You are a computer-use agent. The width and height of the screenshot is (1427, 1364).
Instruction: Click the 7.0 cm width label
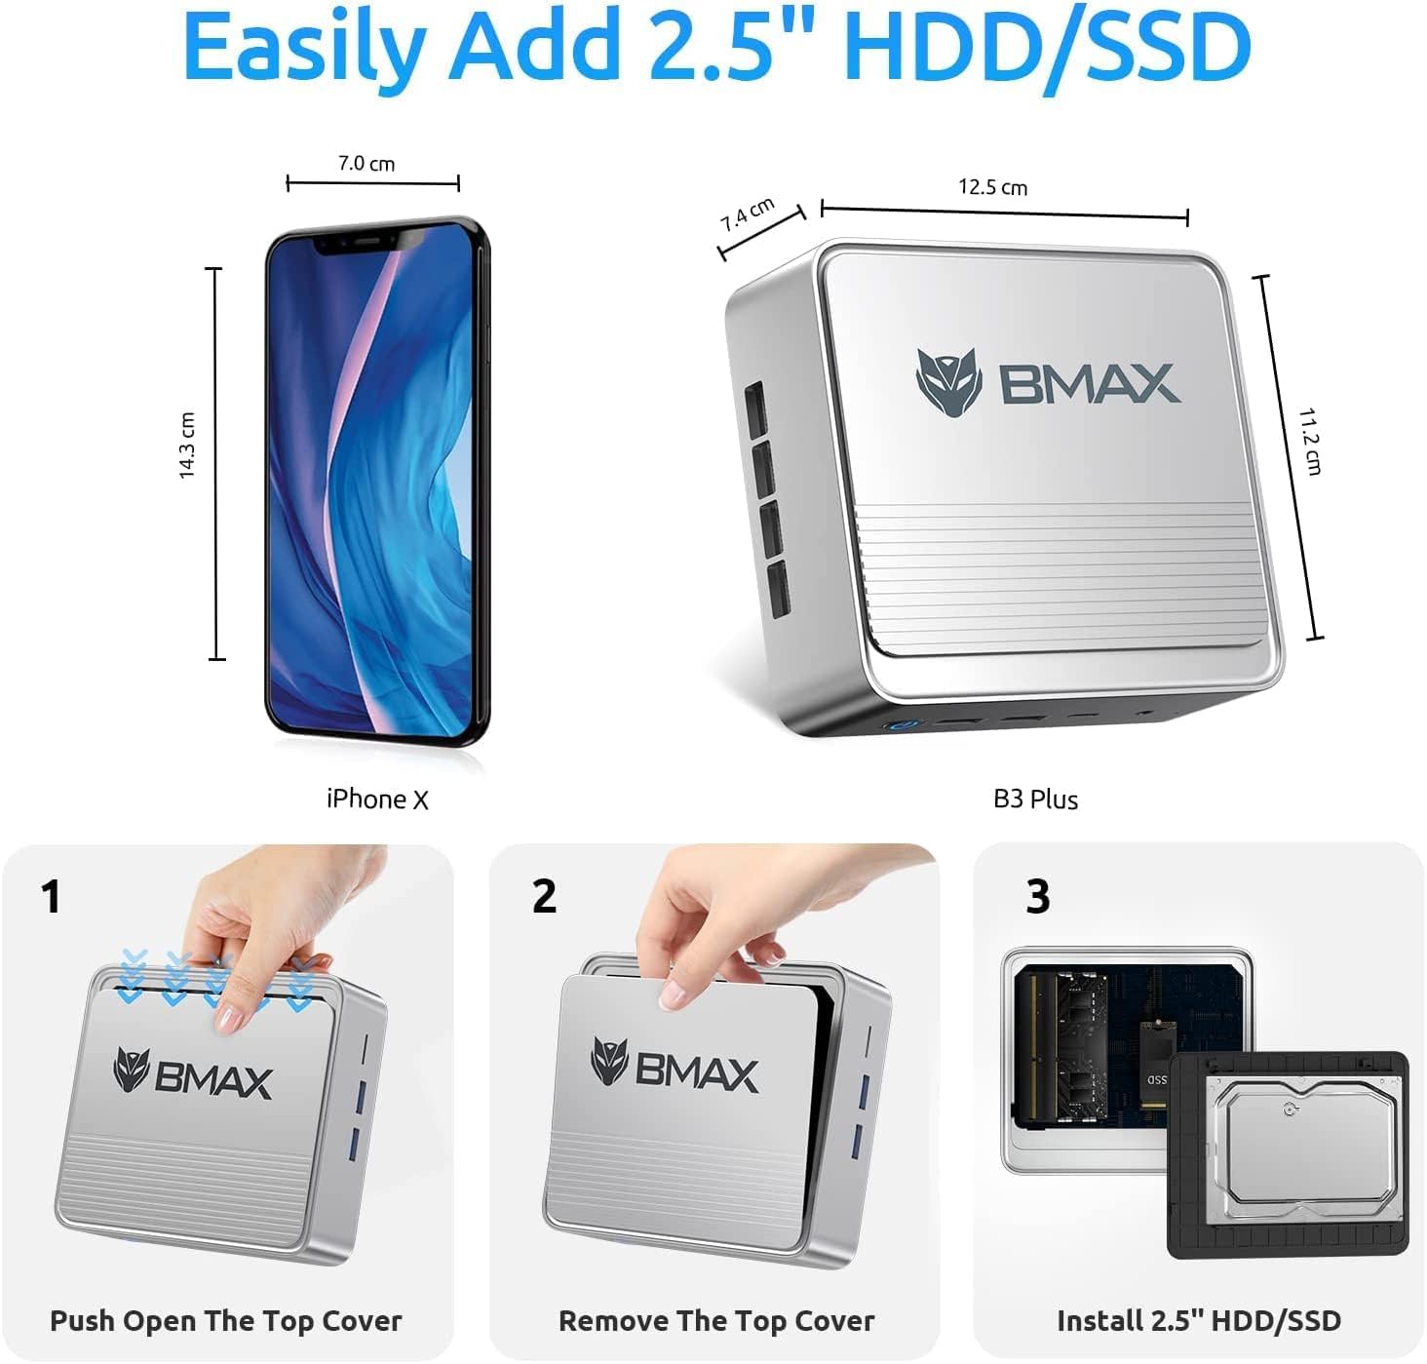pyautogui.click(x=366, y=164)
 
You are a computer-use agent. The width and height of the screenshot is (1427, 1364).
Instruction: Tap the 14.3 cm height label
pyautogui.click(x=187, y=446)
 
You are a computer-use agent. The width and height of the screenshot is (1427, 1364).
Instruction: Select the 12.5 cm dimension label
pyautogui.click(x=992, y=187)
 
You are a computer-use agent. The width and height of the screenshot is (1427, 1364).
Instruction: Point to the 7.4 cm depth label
pyautogui.click(x=748, y=214)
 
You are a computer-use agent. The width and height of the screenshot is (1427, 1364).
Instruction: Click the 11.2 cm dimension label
pyautogui.click(x=1310, y=441)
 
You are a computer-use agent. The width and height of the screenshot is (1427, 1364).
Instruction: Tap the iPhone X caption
pyautogui.click(x=377, y=799)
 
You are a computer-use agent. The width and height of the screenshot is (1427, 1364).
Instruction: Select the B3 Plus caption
pyautogui.click(x=1035, y=799)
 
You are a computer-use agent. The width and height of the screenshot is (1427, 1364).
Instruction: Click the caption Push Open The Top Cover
pyautogui.click(x=226, y=1321)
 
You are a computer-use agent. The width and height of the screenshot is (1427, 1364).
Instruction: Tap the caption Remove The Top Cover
pyautogui.click(x=716, y=1321)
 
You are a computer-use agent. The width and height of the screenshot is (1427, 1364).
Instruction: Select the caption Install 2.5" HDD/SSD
pyautogui.click(x=1199, y=1321)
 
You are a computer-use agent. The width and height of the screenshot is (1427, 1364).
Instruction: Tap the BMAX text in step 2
pyautogui.click(x=697, y=1072)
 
